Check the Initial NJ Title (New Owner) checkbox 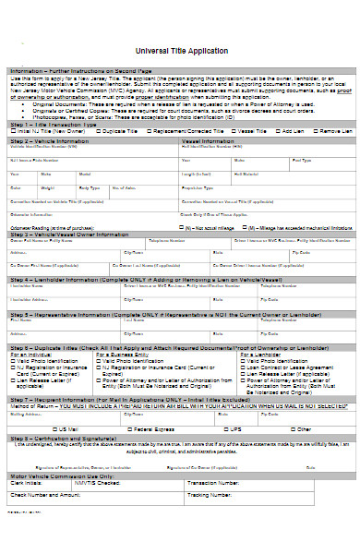coord(14,132)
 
